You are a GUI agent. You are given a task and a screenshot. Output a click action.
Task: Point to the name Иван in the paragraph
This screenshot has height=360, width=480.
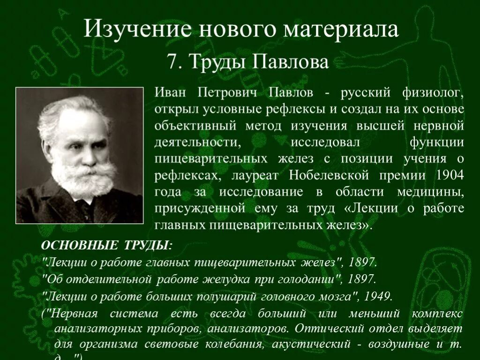pyautogui.click(x=171, y=92)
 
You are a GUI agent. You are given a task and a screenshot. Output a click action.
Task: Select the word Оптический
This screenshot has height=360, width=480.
pyautogui.click(x=329, y=329)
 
